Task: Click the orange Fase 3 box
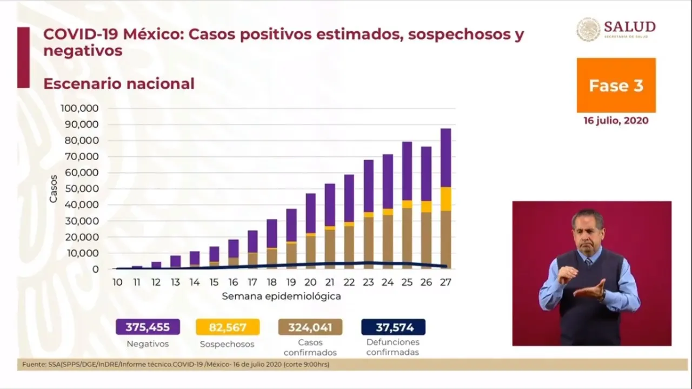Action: tap(616, 85)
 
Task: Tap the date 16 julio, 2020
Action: tap(616, 121)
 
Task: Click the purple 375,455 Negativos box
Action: tap(148, 327)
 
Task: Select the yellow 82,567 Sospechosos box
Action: tap(227, 327)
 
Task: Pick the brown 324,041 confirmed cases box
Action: tap(310, 327)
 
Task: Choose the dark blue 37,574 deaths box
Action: tap(393, 327)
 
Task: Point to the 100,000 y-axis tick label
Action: tap(79, 108)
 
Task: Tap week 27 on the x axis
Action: tap(446, 282)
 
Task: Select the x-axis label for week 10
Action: tap(117, 282)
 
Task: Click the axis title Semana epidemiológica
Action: tap(281, 296)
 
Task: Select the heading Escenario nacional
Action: tap(118, 84)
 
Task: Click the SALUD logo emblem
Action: tap(588, 29)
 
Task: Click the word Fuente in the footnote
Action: tap(33, 365)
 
